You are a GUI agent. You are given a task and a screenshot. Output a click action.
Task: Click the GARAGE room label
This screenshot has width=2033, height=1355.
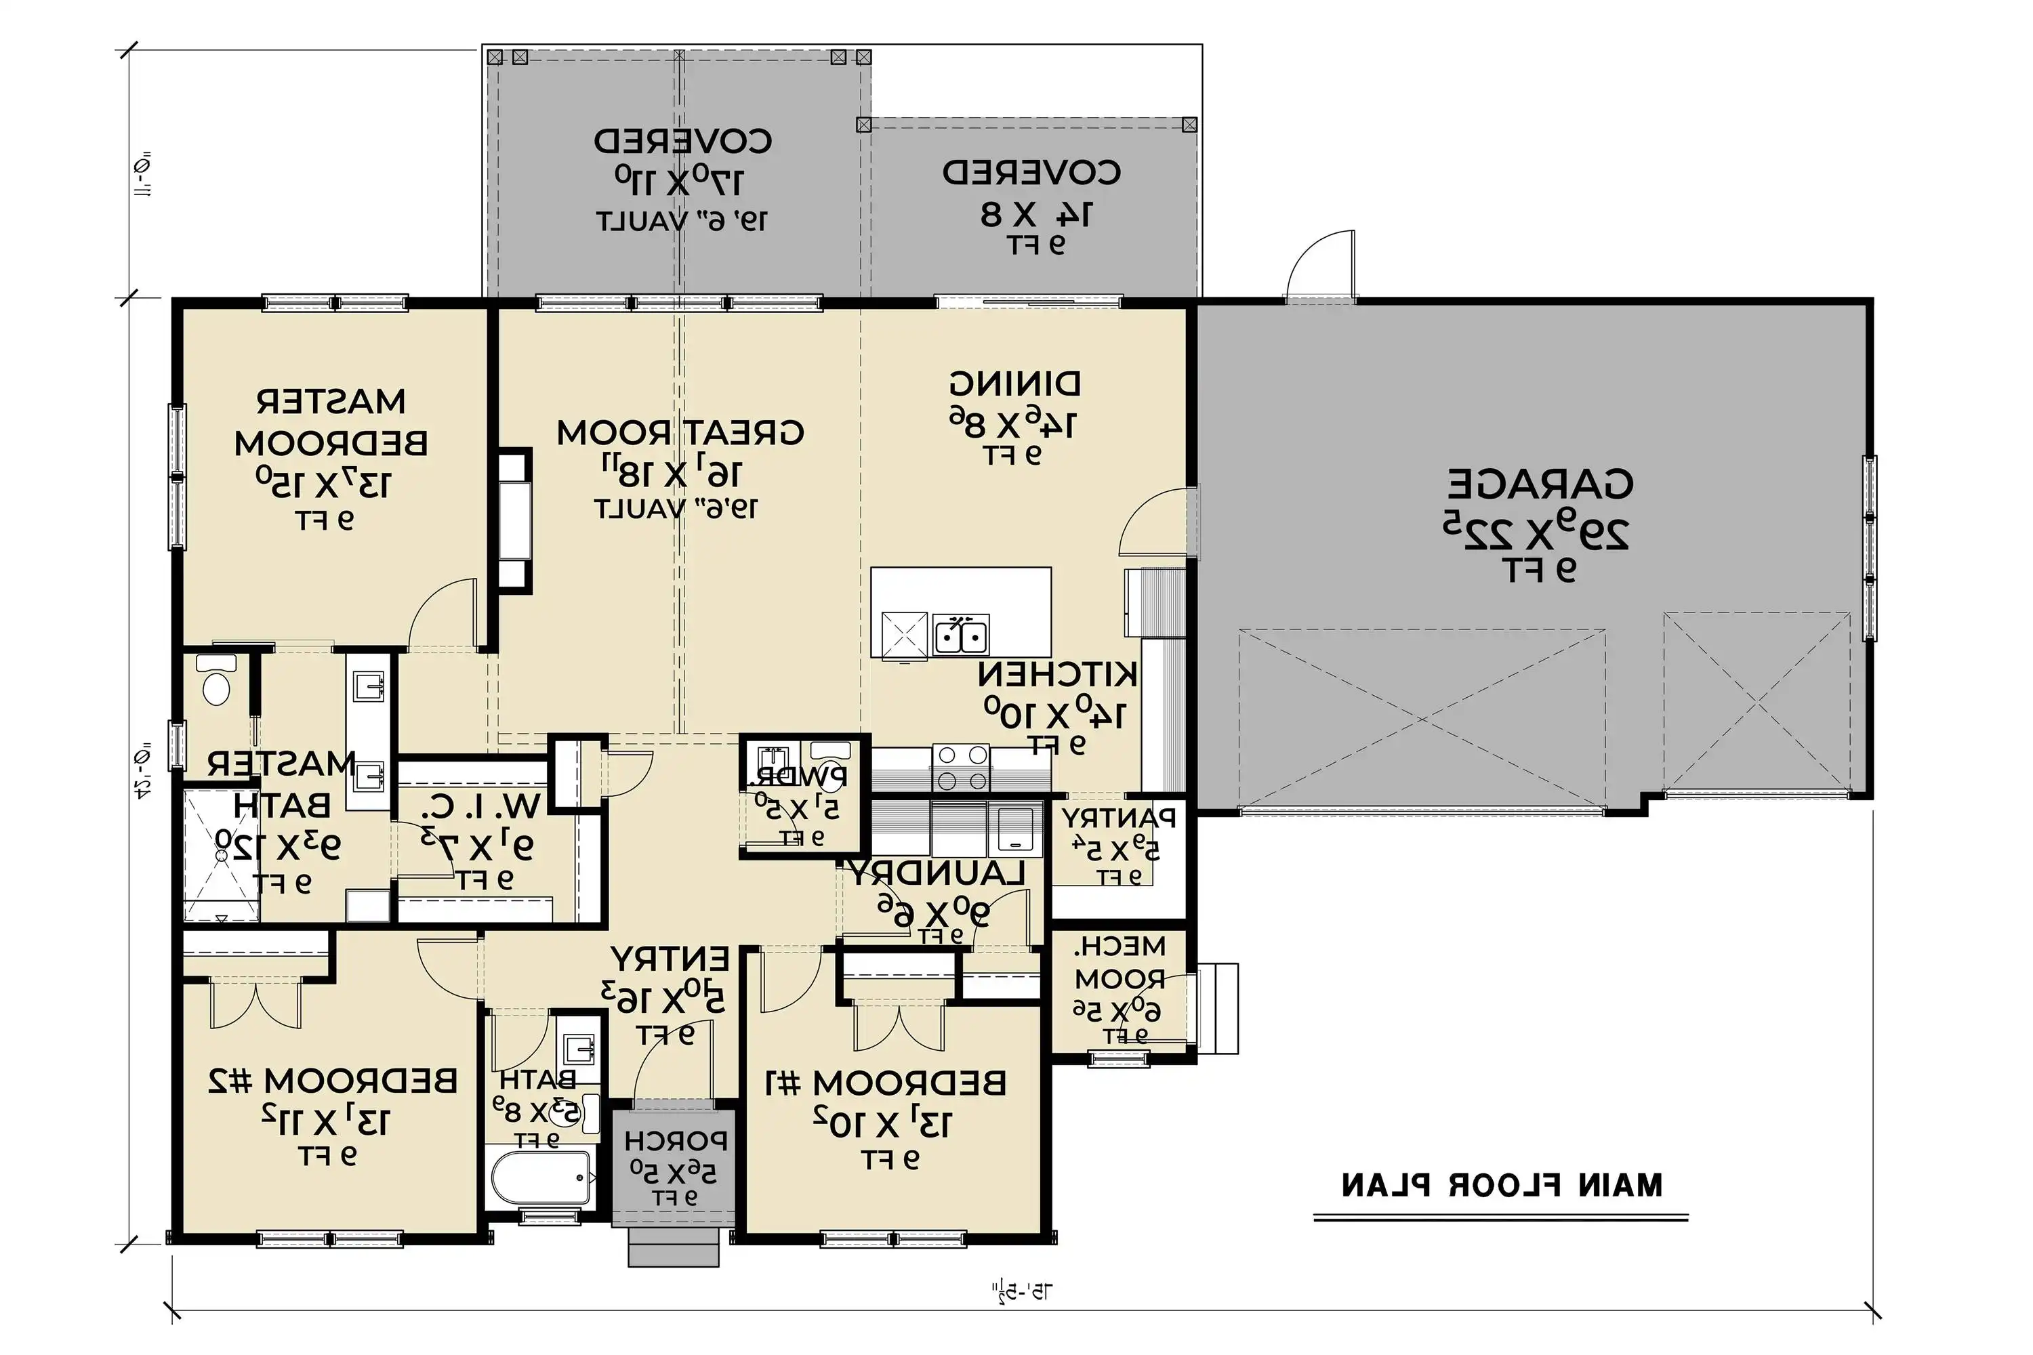[1540, 484]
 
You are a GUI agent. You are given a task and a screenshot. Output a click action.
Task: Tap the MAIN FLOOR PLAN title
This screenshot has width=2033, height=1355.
[1502, 1185]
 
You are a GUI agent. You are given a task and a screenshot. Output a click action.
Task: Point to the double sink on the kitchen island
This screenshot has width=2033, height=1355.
[960, 637]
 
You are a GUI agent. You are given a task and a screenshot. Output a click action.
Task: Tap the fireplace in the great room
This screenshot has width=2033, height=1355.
[514, 521]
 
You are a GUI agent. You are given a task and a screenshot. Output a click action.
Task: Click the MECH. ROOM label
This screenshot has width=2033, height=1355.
[1120, 963]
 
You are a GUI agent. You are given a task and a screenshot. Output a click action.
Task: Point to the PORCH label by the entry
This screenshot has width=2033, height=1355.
[675, 1142]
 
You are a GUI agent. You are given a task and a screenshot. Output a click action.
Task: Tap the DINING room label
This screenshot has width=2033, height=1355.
[1014, 383]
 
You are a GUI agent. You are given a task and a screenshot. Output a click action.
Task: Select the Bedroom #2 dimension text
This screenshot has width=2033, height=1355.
[327, 1121]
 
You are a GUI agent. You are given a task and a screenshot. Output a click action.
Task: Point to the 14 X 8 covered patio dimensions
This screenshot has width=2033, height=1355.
[1035, 213]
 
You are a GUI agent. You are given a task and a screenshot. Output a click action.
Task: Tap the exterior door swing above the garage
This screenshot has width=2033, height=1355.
[1320, 264]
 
